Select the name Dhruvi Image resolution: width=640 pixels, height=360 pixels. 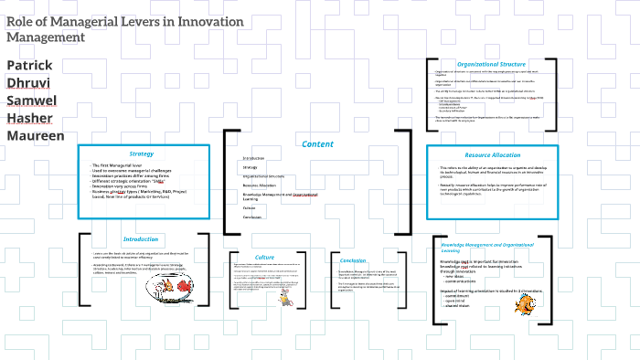click(x=28, y=82)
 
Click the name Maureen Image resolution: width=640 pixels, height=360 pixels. click(x=36, y=135)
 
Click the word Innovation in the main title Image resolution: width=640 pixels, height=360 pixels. click(x=202, y=21)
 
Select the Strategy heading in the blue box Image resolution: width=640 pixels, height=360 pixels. click(x=142, y=154)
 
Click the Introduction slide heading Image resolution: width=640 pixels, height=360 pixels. click(x=141, y=238)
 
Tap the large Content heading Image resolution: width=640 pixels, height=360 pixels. click(x=317, y=143)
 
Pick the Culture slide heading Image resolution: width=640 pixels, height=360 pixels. click(x=264, y=258)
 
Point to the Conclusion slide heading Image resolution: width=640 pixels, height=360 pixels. click(x=353, y=260)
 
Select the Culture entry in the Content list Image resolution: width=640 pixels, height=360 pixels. click(x=248, y=207)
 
